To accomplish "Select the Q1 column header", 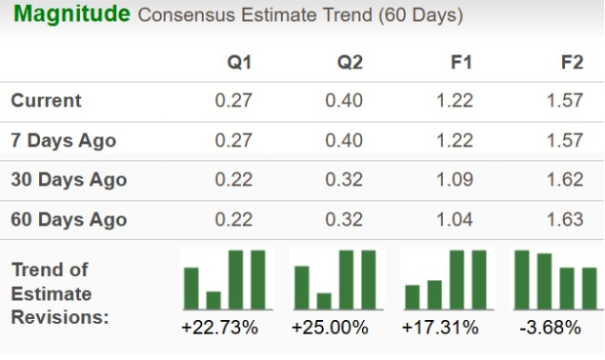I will pyautogui.click(x=239, y=62).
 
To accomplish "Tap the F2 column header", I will pyautogui.click(x=572, y=62).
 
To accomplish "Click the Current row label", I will pyautogui.click(x=46, y=100).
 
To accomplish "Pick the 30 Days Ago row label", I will pyautogui.click(x=68, y=180).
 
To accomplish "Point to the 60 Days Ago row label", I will pyautogui.click(x=68, y=220).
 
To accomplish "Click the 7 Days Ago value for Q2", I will pyautogui.click(x=344, y=140).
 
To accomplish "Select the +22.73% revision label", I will pyautogui.click(x=220, y=328).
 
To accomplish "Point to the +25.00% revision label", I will pyautogui.click(x=330, y=328).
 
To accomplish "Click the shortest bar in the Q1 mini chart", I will pyautogui.click(x=214, y=299).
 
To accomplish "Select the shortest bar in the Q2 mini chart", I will pyautogui.click(x=324, y=300).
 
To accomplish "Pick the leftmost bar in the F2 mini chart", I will pyautogui.click(x=522, y=279).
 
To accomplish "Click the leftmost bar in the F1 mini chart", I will pyautogui.click(x=412, y=296).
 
